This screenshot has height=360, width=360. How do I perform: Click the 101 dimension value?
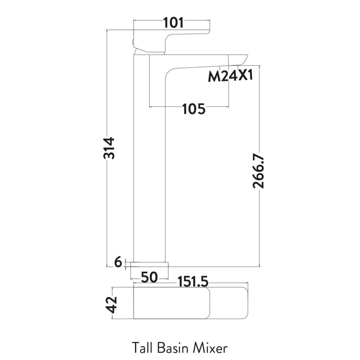pyautogui.click(x=173, y=23)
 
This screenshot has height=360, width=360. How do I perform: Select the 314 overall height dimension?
pyautogui.click(x=109, y=148)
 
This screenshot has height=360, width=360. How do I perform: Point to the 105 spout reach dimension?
pyautogui.click(x=194, y=109)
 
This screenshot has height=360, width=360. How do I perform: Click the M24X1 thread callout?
pyautogui.click(x=230, y=76)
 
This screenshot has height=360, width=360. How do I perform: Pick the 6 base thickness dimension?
pyautogui.click(x=118, y=262)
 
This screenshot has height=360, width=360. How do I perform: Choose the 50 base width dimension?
pyautogui.click(x=149, y=278)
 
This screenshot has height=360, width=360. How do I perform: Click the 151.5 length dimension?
pyautogui.click(x=193, y=282)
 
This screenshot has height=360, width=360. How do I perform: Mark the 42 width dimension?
pyautogui.click(x=112, y=304)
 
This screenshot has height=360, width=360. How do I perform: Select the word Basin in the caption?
pyautogui.click(x=168, y=348)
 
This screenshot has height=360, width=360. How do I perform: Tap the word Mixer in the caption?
pyautogui.click(x=210, y=348)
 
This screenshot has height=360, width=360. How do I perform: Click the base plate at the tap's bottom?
pyautogui.click(x=149, y=264)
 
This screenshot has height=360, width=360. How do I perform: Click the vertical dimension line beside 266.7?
pyautogui.click(x=259, y=218)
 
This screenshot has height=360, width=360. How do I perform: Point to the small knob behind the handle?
pyautogui.click(x=133, y=43)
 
